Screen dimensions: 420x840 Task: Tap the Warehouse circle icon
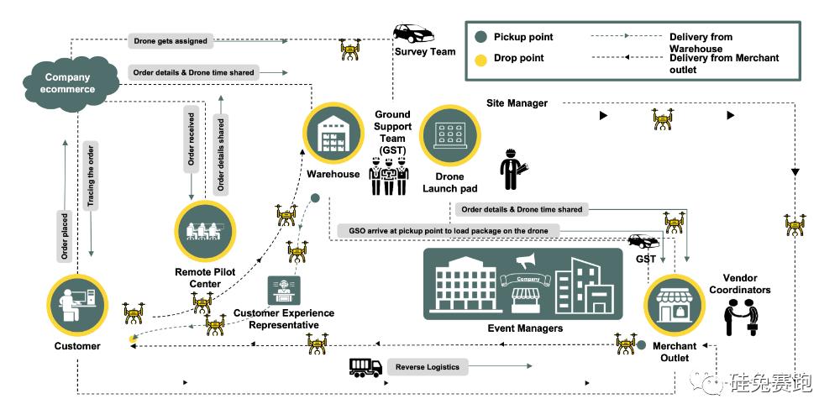point(333,134)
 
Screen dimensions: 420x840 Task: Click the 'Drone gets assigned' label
point(171,40)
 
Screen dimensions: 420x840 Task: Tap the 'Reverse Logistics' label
point(428,367)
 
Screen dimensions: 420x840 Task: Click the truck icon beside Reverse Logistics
point(365,367)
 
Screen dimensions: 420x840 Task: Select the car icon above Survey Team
point(413,34)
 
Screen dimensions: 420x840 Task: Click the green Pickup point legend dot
point(480,37)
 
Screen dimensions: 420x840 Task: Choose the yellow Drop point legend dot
point(480,59)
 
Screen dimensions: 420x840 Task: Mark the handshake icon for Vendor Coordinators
point(742,318)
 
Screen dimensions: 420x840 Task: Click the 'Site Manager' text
point(517,103)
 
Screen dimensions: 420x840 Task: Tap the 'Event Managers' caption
point(525,328)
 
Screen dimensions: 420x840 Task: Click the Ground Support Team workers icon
point(389,176)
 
